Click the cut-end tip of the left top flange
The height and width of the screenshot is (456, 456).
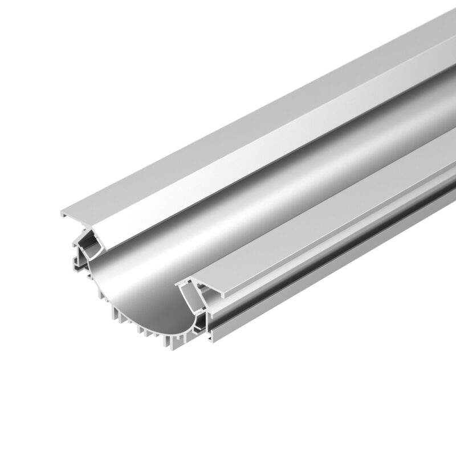(63, 214)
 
